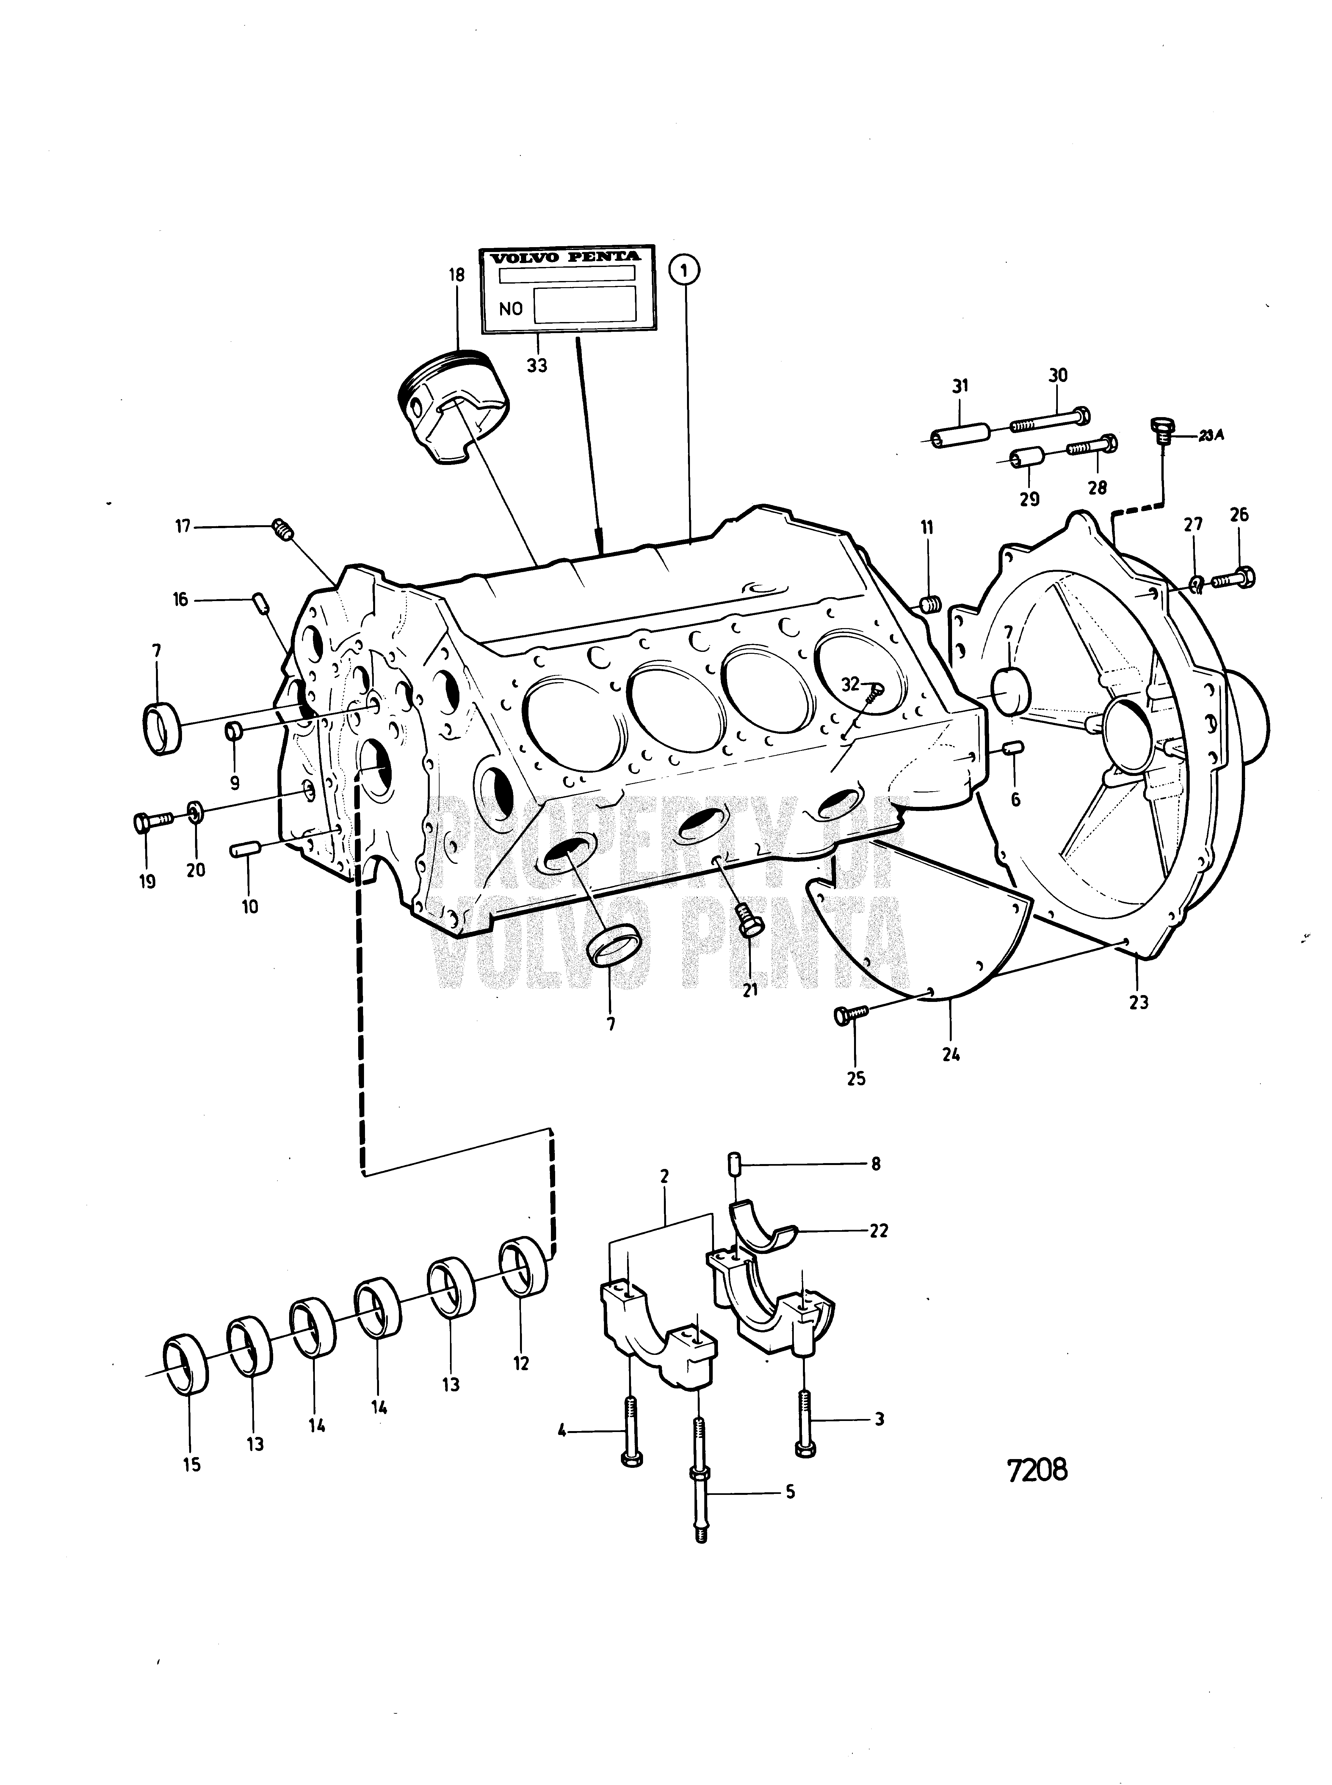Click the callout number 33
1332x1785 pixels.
[x=537, y=365]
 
